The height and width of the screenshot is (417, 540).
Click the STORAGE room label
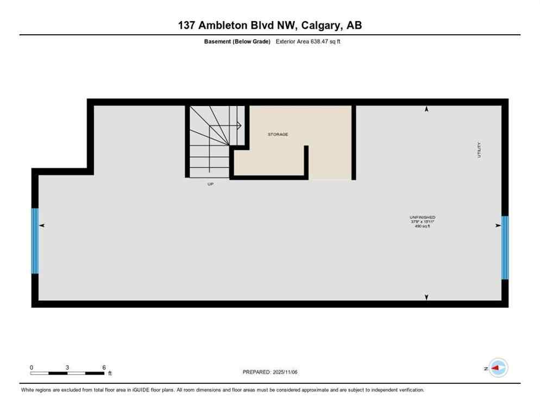pyautogui.click(x=278, y=134)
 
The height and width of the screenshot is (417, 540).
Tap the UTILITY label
pyautogui.click(x=479, y=150)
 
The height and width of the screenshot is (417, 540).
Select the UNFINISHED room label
pyautogui.click(x=423, y=217)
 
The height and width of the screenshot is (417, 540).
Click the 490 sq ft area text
pyautogui.click(x=423, y=226)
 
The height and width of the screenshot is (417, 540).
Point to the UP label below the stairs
pyautogui.click(x=210, y=184)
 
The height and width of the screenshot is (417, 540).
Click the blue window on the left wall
pyautogui.click(x=35, y=241)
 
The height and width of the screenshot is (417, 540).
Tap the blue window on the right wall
pyautogui.click(x=505, y=248)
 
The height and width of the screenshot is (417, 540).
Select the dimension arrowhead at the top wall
pyautogui.click(x=426, y=110)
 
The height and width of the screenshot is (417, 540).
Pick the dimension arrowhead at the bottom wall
pyautogui.click(x=426, y=297)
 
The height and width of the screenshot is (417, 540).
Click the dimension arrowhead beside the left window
pyautogui.click(x=42, y=225)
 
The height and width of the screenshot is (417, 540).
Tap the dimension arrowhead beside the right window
pyautogui.click(x=498, y=225)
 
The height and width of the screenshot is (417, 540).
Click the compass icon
pyautogui.click(x=498, y=368)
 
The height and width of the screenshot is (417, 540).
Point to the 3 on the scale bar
pyautogui.click(x=67, y=367)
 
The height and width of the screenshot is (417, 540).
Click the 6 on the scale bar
pyautogui.click(x=104, y=367)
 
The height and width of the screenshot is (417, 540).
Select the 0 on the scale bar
pyautogui.click(x=32, y=367)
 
